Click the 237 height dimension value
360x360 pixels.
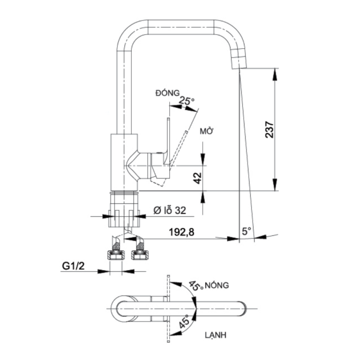coord(269,130)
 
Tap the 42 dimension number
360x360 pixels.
coord(197,178)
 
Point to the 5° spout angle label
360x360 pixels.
coord(247,231)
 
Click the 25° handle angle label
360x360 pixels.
coord(186,101)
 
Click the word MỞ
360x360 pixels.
coord(207,131)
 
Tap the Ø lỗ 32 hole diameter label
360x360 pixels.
coord(168,210)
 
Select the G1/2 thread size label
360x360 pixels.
coord(73,266)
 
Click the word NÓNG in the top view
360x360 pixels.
coord(218,285)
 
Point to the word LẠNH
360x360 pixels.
coord(215,335)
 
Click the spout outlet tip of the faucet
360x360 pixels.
coord(237,63)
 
